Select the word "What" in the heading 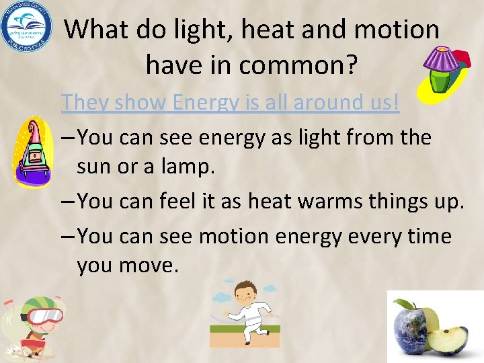95,30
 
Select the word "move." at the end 149,266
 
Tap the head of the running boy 241,292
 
